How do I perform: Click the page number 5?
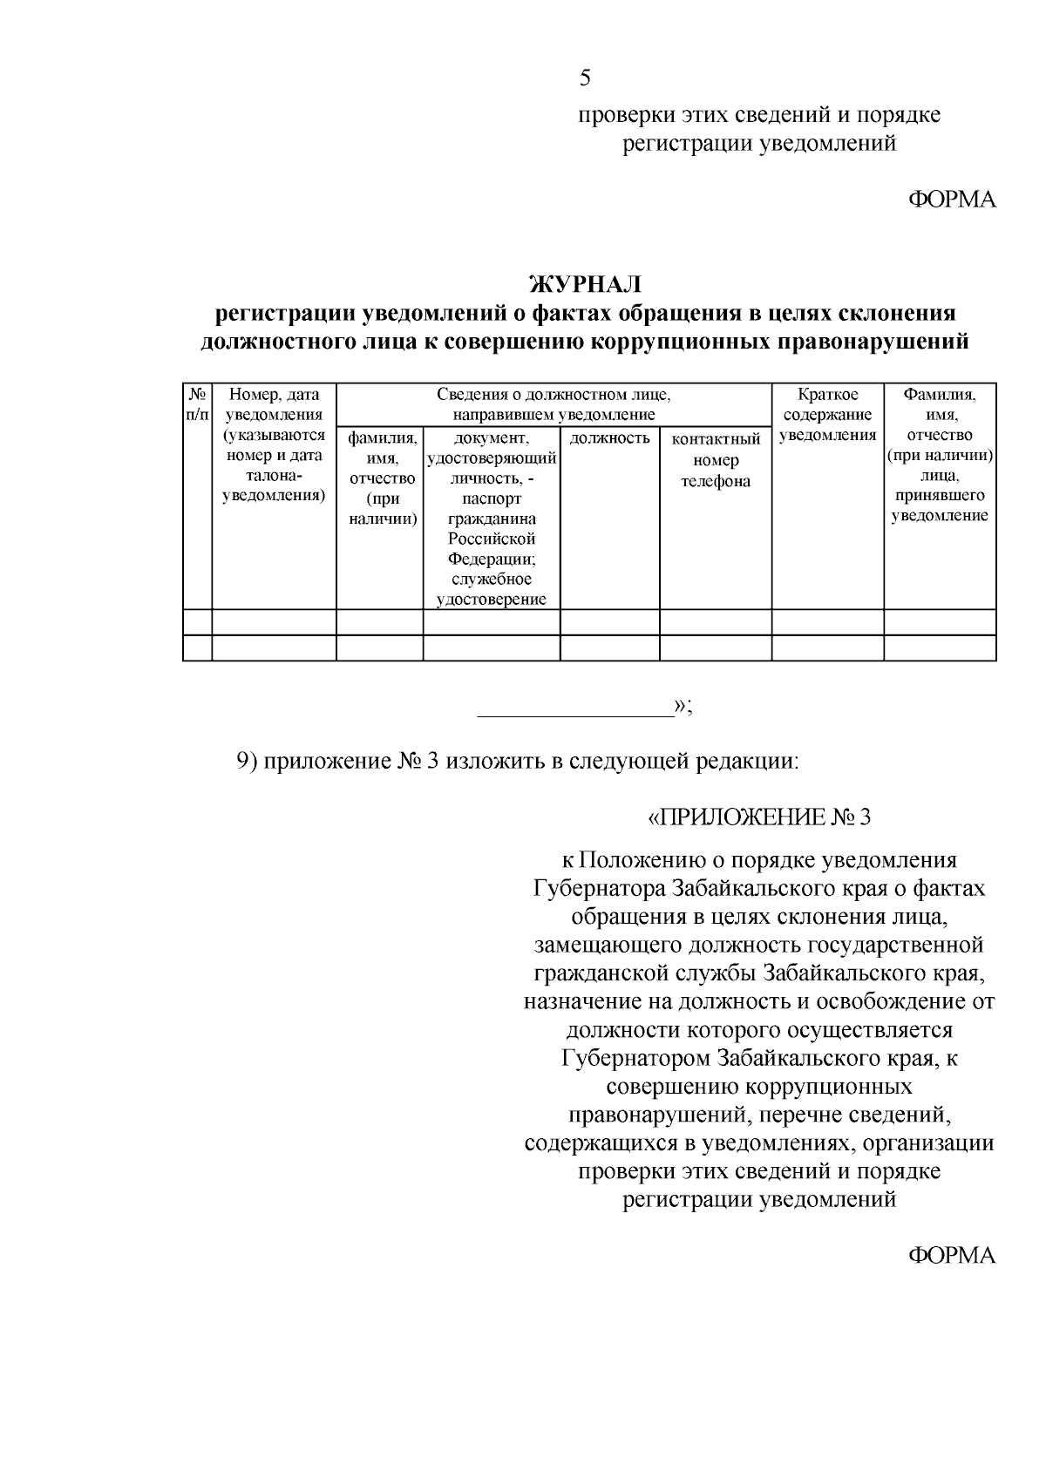tap(585, 78)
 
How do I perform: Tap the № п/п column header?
tap(197, 404)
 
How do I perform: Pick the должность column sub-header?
tap(609, 438)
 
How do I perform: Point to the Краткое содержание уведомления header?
tap(827, 415)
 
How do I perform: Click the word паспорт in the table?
tap(492, 499)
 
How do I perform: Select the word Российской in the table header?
tap(492, 539)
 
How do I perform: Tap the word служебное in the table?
tap(492, 579)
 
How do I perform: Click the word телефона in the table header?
tap(716, 481)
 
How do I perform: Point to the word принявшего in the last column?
tap(940, 495)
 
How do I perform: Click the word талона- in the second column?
tap(274, 476)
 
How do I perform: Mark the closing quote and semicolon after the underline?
tap(683, 706)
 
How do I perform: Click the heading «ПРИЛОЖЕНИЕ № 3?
tap(758, 817)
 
